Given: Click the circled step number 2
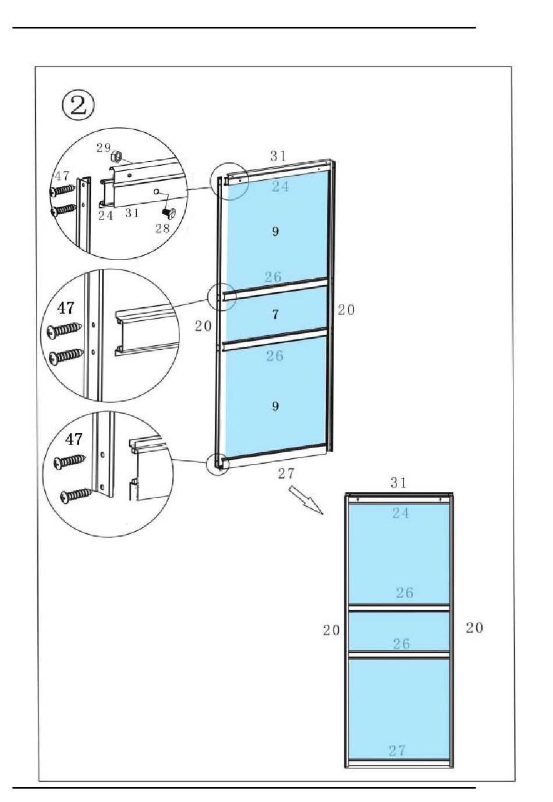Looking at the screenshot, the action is click(x=78, y=106).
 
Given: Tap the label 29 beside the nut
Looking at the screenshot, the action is click(x=103, y=148).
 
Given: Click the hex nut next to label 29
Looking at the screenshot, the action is click(x=116, y=155).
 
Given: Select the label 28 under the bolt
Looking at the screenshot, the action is click(x=162, y=228).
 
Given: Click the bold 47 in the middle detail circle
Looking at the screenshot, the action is click(x=66, y=307).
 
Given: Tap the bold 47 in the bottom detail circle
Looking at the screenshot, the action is click(x=74, y=438).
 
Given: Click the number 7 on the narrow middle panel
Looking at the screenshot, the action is click(x=275, y=315).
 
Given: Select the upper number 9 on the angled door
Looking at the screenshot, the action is click(x=275, y=232).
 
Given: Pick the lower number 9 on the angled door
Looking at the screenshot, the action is click(x=275, y=406).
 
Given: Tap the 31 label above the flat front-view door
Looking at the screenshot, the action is click(x=398, y=482).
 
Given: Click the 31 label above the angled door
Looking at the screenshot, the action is click(x=278, y=156).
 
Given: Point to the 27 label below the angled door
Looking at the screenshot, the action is click(x=286, y=474).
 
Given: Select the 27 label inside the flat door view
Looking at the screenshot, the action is click(x=397, y=751).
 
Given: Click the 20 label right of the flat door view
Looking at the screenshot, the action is click(x=474, y=627).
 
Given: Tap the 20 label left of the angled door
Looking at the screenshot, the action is click(x=203, y=327).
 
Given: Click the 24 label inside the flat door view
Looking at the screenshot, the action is click(x=400, y=513).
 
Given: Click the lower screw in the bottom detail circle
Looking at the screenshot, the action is click(x=76, y=495).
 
